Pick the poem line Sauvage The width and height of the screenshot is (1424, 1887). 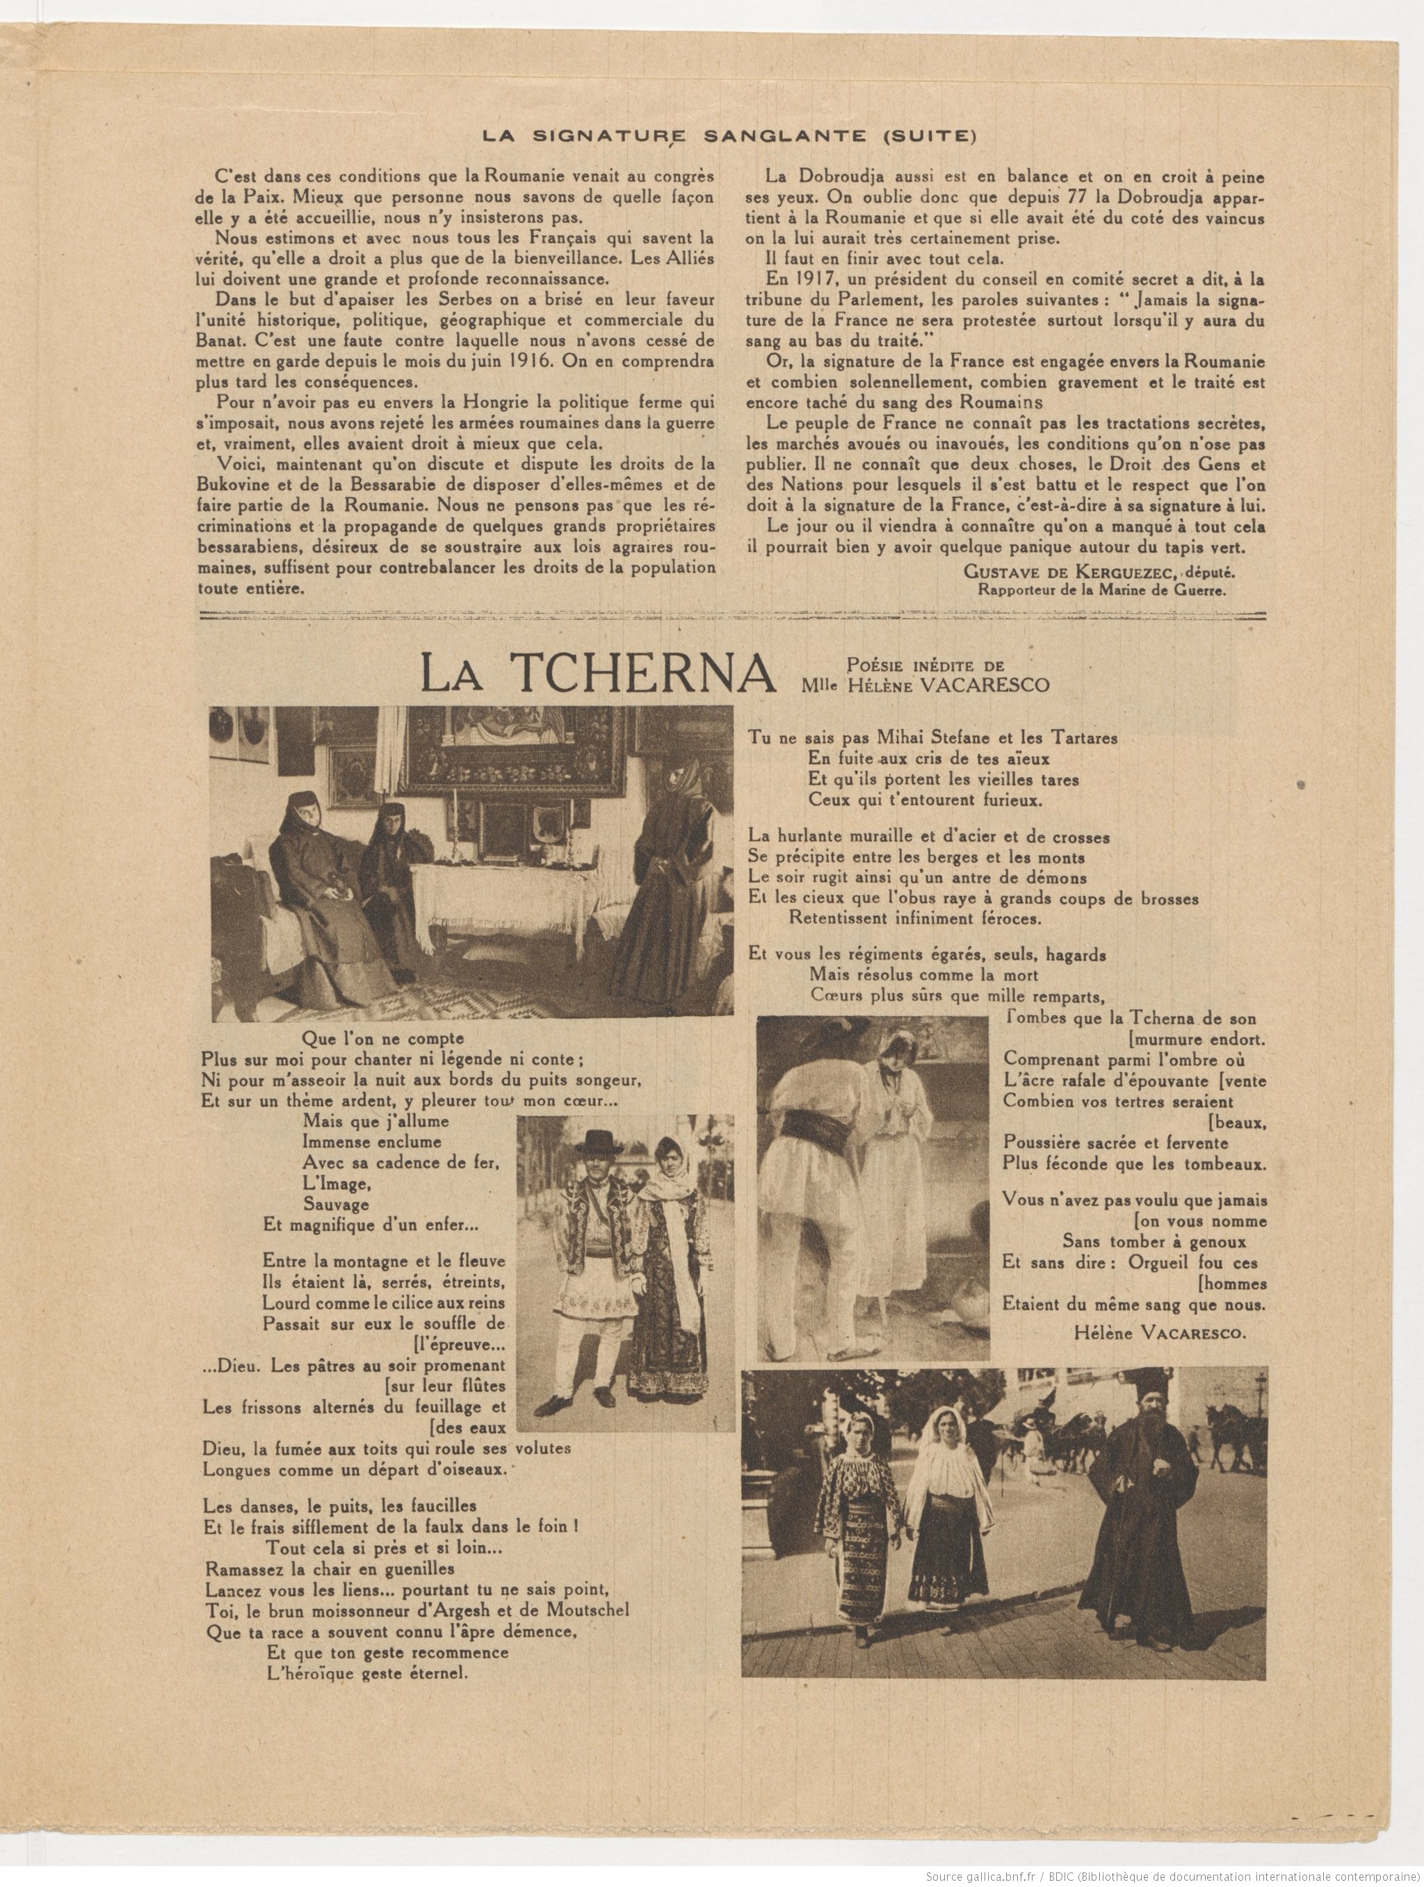coord(335,1204)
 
